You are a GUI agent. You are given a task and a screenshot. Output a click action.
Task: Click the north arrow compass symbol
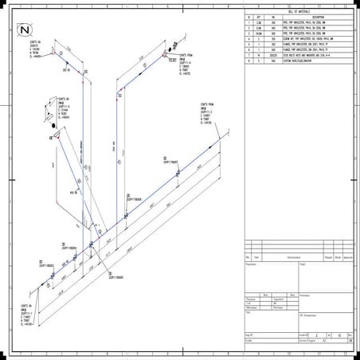(x=25, y=29)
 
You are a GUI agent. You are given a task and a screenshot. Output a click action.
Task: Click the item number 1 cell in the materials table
(x=248, y=23)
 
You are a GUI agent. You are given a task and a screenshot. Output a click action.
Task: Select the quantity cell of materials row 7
(x=260, y=55)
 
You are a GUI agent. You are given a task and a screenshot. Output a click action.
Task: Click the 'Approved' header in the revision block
(x=349, y=258)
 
